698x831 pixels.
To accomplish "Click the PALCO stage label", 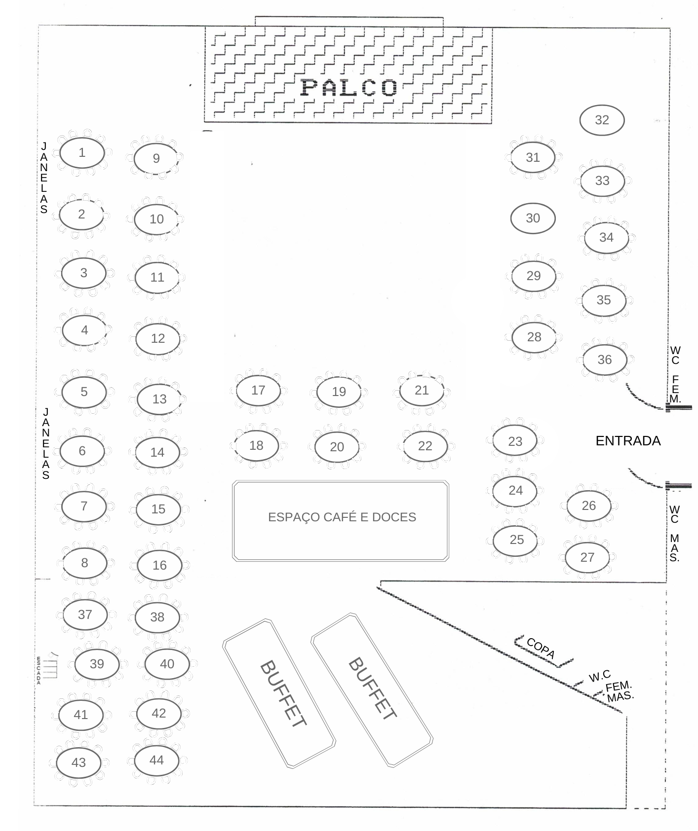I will tap(349, 88).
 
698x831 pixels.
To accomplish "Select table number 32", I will tap(602, 120).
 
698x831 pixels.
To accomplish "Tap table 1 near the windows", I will tap(81, 153).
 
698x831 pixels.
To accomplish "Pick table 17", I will tap(258, 391).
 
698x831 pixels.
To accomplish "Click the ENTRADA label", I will tap(628, 441).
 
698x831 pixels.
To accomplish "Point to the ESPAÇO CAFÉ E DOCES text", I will tap(342, 517).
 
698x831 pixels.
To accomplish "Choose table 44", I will tap(156, 760).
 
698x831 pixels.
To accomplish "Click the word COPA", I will tap(541, 648).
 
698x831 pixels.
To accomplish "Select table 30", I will tap(533, 218).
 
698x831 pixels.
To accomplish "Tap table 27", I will tap(587, 557).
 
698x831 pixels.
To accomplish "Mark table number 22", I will tap(425, 446).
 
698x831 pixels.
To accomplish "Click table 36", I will tap(605, 360).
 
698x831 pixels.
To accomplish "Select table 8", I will tap(84, 563).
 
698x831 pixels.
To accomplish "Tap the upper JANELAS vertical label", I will tap(44, 178).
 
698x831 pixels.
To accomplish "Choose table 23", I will tap(515, 441).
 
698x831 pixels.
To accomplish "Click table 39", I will tap(97, 664).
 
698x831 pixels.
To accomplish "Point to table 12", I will tap(158, 338).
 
